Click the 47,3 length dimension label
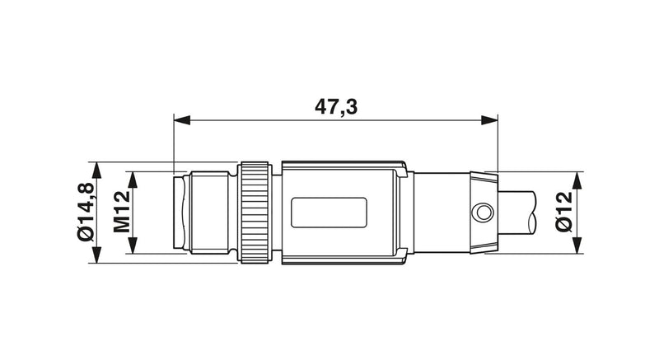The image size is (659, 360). (x=336, y=107)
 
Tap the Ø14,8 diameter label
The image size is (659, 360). (x=86, y=213)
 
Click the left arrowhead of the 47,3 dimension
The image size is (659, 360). (x=182, y=120)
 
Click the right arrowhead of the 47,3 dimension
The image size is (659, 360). (x=489, y=120)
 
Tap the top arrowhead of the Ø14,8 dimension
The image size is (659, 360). (x=96, y=171)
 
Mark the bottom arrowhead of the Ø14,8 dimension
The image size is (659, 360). (x=96, y=255)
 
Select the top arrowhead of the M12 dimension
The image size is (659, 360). (x=133, y=180)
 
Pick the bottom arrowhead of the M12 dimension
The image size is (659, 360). (x=133, y=245)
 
